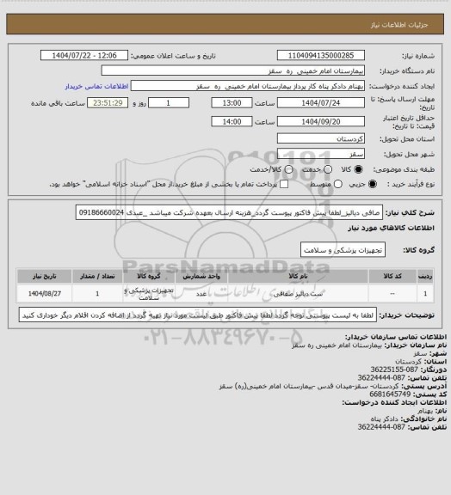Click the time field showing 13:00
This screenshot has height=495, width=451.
[x=232, y=102]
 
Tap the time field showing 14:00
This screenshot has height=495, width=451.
[x=232, y=122]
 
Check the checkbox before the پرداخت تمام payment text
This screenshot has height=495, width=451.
[x=276, y=184]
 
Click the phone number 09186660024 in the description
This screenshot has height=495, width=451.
[x=101, y=211]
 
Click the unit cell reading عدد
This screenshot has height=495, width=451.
[x=198, y=294]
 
